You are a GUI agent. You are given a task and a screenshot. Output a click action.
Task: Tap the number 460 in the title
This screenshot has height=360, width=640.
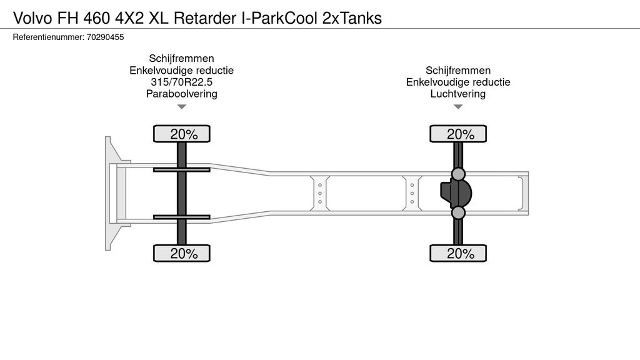point(97,18)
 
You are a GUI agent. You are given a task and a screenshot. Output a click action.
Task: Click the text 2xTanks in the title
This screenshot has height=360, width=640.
point(352,18)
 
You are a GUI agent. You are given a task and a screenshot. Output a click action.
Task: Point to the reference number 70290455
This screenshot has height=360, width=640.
point(105,37)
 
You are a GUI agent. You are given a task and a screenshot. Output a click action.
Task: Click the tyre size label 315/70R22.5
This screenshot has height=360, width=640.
point(182,82)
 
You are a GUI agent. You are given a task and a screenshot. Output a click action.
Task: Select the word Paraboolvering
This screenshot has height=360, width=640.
point(182,94)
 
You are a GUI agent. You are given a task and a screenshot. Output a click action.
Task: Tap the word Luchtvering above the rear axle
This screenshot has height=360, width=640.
point(458,94)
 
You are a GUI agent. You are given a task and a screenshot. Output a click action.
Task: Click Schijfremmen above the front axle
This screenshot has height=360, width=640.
point(182,58)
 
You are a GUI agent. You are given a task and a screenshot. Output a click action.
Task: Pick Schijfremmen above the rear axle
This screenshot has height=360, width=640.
point(458,70)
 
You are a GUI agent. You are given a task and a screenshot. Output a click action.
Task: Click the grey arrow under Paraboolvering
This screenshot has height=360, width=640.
point(182,107)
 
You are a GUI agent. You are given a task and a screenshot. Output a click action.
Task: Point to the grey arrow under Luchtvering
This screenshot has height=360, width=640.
point(458,107)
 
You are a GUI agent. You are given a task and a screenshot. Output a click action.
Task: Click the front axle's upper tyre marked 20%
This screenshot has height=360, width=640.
point(182,134)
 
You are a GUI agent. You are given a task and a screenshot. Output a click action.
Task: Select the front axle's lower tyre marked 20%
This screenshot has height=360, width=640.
point(182,253)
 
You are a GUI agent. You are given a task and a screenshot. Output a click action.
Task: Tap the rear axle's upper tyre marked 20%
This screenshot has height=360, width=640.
point(458,134)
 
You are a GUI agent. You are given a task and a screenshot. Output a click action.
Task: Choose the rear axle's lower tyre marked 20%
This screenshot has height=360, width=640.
point(458,253)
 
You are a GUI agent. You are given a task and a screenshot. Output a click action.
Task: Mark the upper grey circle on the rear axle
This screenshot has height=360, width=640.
point(458,174)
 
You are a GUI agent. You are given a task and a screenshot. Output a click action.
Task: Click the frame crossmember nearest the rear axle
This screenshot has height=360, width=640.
point(412,194)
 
